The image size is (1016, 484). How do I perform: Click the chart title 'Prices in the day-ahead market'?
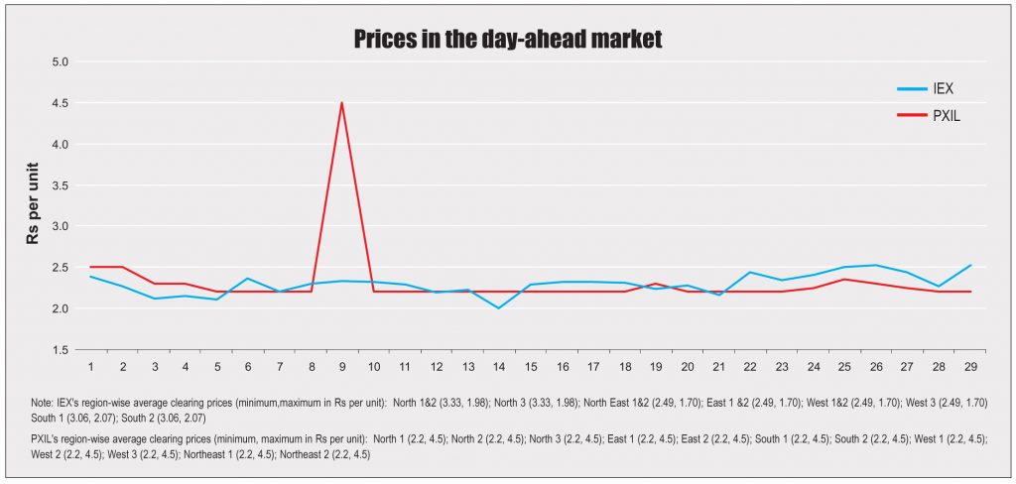coord(507,40)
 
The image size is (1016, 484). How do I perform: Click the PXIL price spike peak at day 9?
coord(342,103)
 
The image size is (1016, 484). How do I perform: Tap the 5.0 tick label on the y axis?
coord(61,61)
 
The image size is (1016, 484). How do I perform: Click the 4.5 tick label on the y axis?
coord(61,103)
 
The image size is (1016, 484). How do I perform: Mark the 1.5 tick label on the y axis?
coord(61,349)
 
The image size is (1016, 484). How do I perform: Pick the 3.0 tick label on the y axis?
coord(61,226)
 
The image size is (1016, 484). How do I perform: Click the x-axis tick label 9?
coord(342,367)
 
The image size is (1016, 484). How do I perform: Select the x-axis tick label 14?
coord(499,367)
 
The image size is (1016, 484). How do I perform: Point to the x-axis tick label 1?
coord(91,367)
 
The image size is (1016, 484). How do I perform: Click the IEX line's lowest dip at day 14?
coord(499,308)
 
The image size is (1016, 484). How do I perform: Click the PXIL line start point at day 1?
coord(91,267)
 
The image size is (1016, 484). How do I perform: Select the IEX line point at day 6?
coord(248,279)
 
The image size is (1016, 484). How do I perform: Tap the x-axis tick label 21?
coord(718,367)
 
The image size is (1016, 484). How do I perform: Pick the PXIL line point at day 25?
coord(843,279)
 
